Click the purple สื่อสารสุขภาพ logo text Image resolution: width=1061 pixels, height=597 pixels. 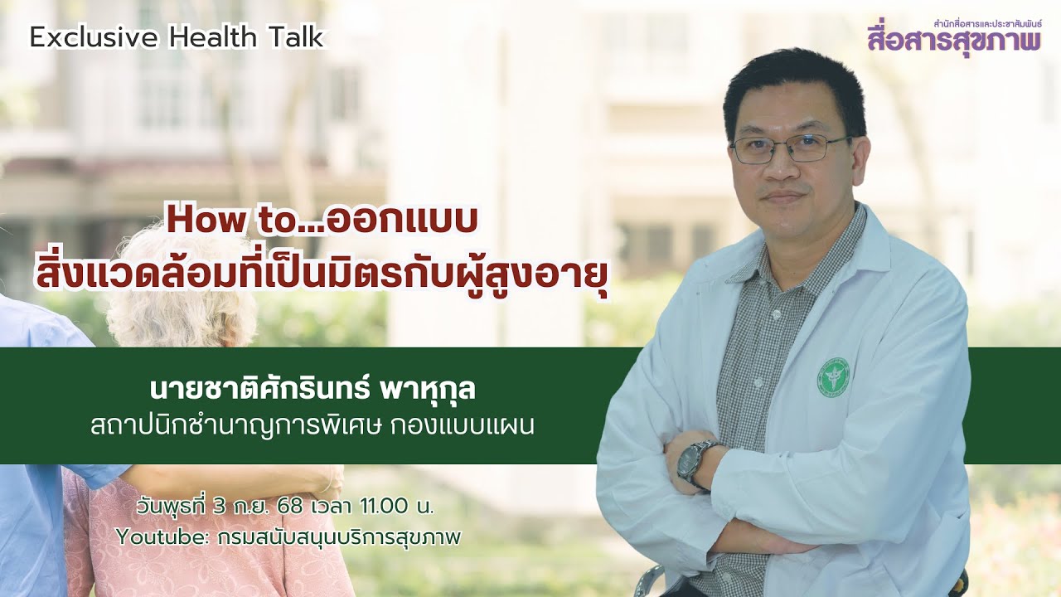[x=954, y=40]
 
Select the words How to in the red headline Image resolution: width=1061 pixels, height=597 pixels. [x=216, y=221]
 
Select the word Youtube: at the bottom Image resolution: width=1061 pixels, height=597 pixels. [x=162, y=536]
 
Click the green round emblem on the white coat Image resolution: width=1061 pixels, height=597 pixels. [x=833, y=377]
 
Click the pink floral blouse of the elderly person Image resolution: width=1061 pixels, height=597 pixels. [x=207, y=539]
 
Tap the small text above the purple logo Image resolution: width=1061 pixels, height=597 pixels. [x=986, y=24]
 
